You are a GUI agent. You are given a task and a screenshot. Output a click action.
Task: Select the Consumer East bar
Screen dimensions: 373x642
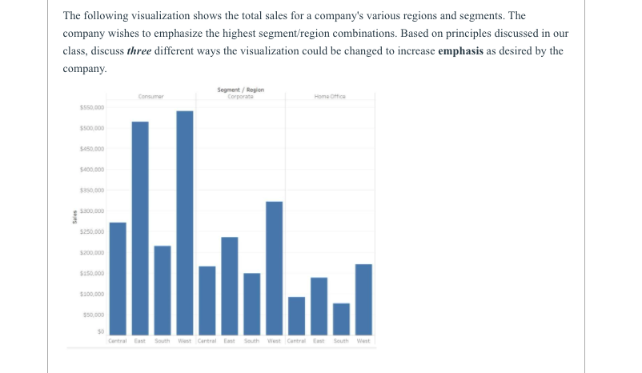click(140, 228)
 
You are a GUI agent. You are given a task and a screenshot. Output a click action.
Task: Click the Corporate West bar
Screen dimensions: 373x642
click(274, 268)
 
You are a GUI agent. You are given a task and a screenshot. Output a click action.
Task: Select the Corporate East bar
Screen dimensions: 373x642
click(230, 286)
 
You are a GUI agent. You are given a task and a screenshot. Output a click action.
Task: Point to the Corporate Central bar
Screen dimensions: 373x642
click(207, 300)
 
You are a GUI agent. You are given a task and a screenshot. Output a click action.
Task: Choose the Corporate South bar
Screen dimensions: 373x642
click(252, 304)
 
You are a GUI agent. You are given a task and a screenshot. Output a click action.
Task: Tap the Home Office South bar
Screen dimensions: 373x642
click(341, 319)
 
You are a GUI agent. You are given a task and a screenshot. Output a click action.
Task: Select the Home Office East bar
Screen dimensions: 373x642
click(319, 306)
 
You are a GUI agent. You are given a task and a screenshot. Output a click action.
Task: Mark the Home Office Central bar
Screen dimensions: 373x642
click(296, 315)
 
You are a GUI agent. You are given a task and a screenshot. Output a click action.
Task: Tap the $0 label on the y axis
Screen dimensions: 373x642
click(100, 331)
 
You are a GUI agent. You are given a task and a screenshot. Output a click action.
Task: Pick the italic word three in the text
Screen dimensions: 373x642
click(141, 51)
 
